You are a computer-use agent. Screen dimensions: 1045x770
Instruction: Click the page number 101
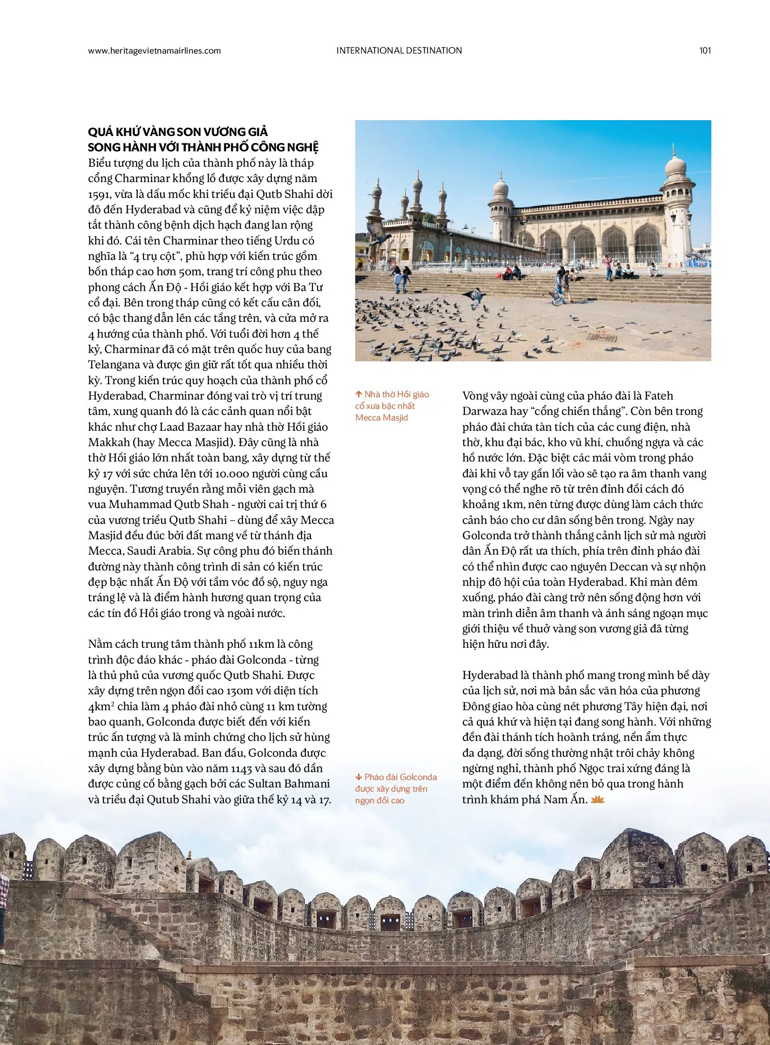pos(705,51)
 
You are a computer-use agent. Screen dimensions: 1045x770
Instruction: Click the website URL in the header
pos(154,51)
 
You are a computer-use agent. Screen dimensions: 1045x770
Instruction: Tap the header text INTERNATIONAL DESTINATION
pos(399,51)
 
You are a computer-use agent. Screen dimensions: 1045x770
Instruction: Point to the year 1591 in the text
pos(99,195)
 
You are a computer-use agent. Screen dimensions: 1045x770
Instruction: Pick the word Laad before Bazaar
pos(171,427)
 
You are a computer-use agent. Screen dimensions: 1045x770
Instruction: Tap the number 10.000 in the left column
pos(231,473)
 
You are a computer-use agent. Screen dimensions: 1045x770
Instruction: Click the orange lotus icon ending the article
pos(597,800)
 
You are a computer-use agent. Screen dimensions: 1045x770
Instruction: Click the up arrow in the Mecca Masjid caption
pos(358,394)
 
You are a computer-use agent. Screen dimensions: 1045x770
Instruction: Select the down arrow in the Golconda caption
pos(358,777)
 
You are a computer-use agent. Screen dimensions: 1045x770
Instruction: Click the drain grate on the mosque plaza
pos(602,338)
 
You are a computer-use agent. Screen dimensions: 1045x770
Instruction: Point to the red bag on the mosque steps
pos(505,277)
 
